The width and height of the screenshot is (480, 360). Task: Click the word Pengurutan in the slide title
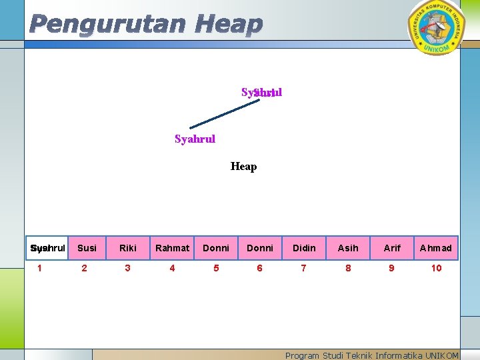coord(107,25)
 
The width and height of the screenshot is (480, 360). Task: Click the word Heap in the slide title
coord(229,25)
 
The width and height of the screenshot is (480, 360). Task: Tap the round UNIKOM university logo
coord(437,26)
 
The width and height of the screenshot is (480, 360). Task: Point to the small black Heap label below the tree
coord(243,167)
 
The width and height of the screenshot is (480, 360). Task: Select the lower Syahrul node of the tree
coord(195,139)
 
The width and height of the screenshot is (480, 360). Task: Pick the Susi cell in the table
coord(87,248)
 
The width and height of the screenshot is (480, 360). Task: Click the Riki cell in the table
coord(128,248)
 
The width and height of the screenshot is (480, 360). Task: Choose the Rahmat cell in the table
coord(172,248)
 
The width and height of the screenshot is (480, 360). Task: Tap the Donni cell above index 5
coord(216,248)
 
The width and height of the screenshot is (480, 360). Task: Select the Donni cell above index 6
coord(260,248)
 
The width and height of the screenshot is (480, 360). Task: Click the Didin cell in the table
coord(304,248)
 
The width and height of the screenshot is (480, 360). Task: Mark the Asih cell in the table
coord(348,248)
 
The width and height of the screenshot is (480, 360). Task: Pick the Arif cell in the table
coord(392,248)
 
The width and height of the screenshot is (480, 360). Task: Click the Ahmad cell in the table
coord(436,248)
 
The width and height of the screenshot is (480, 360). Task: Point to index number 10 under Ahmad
coord(436,268)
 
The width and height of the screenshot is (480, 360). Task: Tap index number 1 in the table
coord(40,268)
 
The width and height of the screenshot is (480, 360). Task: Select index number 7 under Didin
coord(304,268)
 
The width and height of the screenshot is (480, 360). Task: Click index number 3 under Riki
coord(128,268)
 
